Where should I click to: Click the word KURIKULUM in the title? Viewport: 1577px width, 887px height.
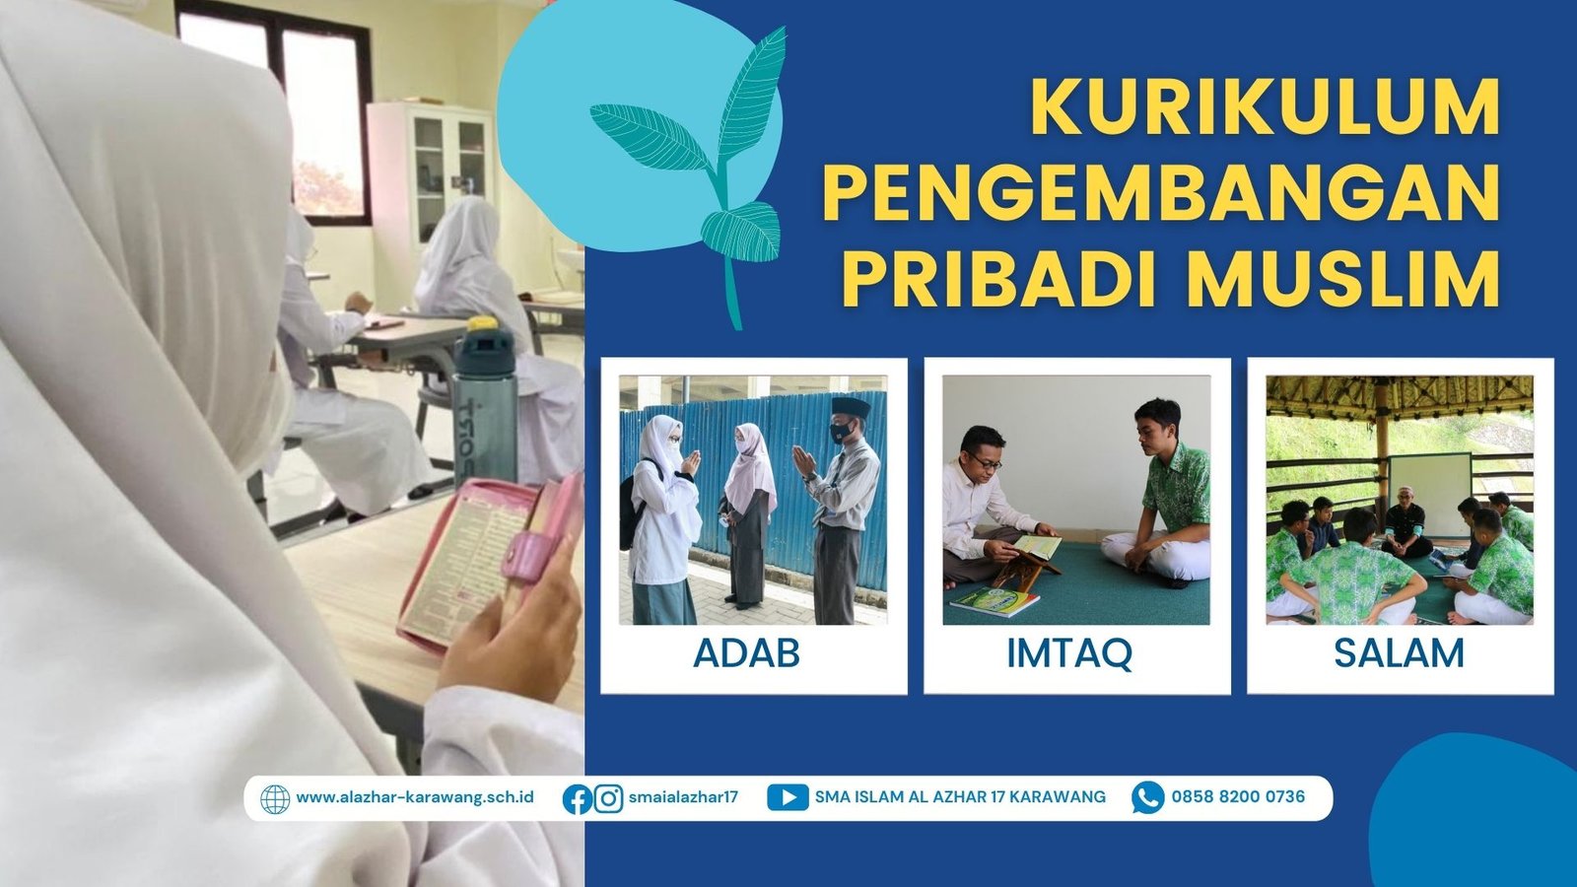click(1266, 107)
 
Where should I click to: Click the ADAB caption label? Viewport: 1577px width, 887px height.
click(747, 653)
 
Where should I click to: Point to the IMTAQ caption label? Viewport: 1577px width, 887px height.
click(1069, 654)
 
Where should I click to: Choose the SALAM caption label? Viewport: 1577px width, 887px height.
click(1399, 653)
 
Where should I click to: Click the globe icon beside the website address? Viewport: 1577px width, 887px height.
click(275, 799)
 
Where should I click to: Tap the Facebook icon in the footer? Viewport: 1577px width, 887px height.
click(578, 799)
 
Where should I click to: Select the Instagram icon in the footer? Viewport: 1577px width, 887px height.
click(608, 799)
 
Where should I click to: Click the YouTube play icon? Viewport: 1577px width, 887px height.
click(788, 798)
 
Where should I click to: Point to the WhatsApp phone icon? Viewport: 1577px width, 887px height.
click(1147, 798)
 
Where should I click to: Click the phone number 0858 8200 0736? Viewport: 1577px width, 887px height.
click(1238, 797)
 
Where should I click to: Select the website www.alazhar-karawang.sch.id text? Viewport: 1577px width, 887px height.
click(415, 797)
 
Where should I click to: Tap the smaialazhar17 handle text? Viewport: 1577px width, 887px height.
click(684, 797)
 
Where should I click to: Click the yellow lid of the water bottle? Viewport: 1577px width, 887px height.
click(484, 324)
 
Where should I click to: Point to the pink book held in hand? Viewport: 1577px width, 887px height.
click(489, 561)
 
